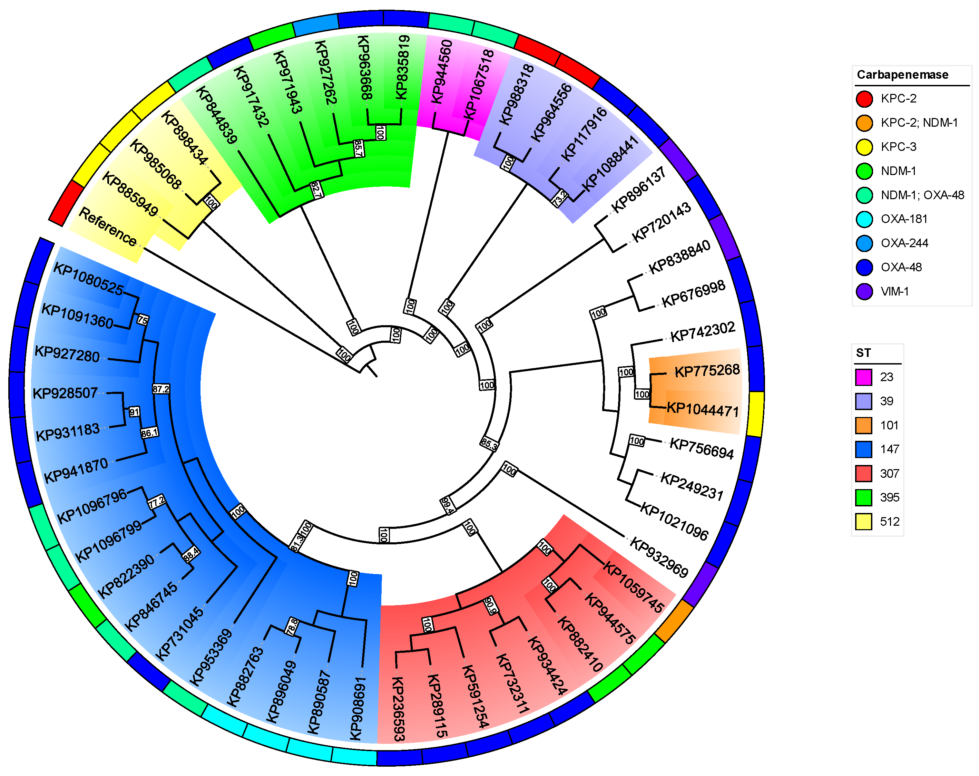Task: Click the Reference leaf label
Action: [108, 227]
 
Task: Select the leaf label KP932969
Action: [659, 557]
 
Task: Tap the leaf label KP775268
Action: [707, 371]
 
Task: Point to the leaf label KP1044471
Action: [703, 409]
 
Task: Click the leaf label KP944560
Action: [441, 72]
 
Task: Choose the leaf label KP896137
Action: [638, 190]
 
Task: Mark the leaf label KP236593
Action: [398, 709]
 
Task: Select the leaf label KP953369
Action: [210, 657]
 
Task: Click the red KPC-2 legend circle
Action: [864, 99]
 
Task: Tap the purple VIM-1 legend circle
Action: [864, 291]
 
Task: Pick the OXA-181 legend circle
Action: [864, 219]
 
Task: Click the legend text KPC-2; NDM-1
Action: [919, 123]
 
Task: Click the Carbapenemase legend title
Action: [902, 75]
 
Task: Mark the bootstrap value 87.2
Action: [161, 389]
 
